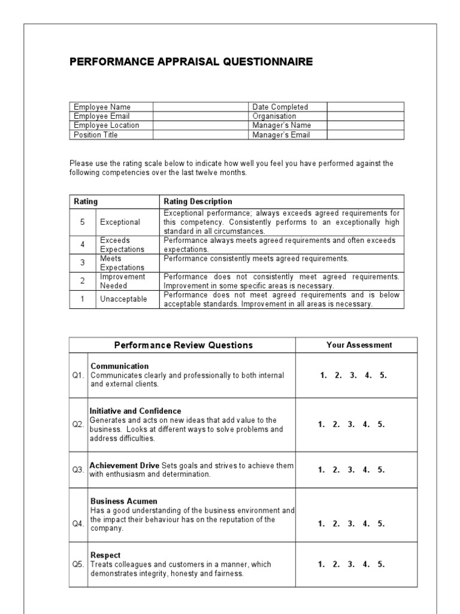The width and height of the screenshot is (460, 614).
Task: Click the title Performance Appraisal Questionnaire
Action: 191,62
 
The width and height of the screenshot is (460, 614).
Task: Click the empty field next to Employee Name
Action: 201,107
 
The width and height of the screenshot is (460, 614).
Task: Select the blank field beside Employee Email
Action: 201,116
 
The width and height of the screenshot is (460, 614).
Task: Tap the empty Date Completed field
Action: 365,107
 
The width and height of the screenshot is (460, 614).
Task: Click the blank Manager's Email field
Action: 365,135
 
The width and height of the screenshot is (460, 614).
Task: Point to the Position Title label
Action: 96,135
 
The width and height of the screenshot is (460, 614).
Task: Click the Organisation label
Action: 274,116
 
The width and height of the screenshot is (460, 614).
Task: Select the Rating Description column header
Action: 198,201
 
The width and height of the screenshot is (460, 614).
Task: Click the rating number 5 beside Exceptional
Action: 83,222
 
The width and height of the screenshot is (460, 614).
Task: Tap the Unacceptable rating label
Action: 123,299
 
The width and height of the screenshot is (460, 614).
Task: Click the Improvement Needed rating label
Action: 122,281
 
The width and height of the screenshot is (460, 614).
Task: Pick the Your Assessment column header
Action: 359,345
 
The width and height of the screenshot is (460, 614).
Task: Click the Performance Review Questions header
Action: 183,345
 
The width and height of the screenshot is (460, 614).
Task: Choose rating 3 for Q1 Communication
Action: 352,375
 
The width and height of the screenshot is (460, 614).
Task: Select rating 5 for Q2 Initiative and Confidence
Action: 382,424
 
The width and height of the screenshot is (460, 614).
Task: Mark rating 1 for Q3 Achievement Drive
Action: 322,469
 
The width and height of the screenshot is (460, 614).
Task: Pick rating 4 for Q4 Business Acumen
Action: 367,523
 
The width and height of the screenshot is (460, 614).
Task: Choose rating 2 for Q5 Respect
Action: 337,564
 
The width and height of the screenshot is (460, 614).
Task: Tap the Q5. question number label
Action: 78,564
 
